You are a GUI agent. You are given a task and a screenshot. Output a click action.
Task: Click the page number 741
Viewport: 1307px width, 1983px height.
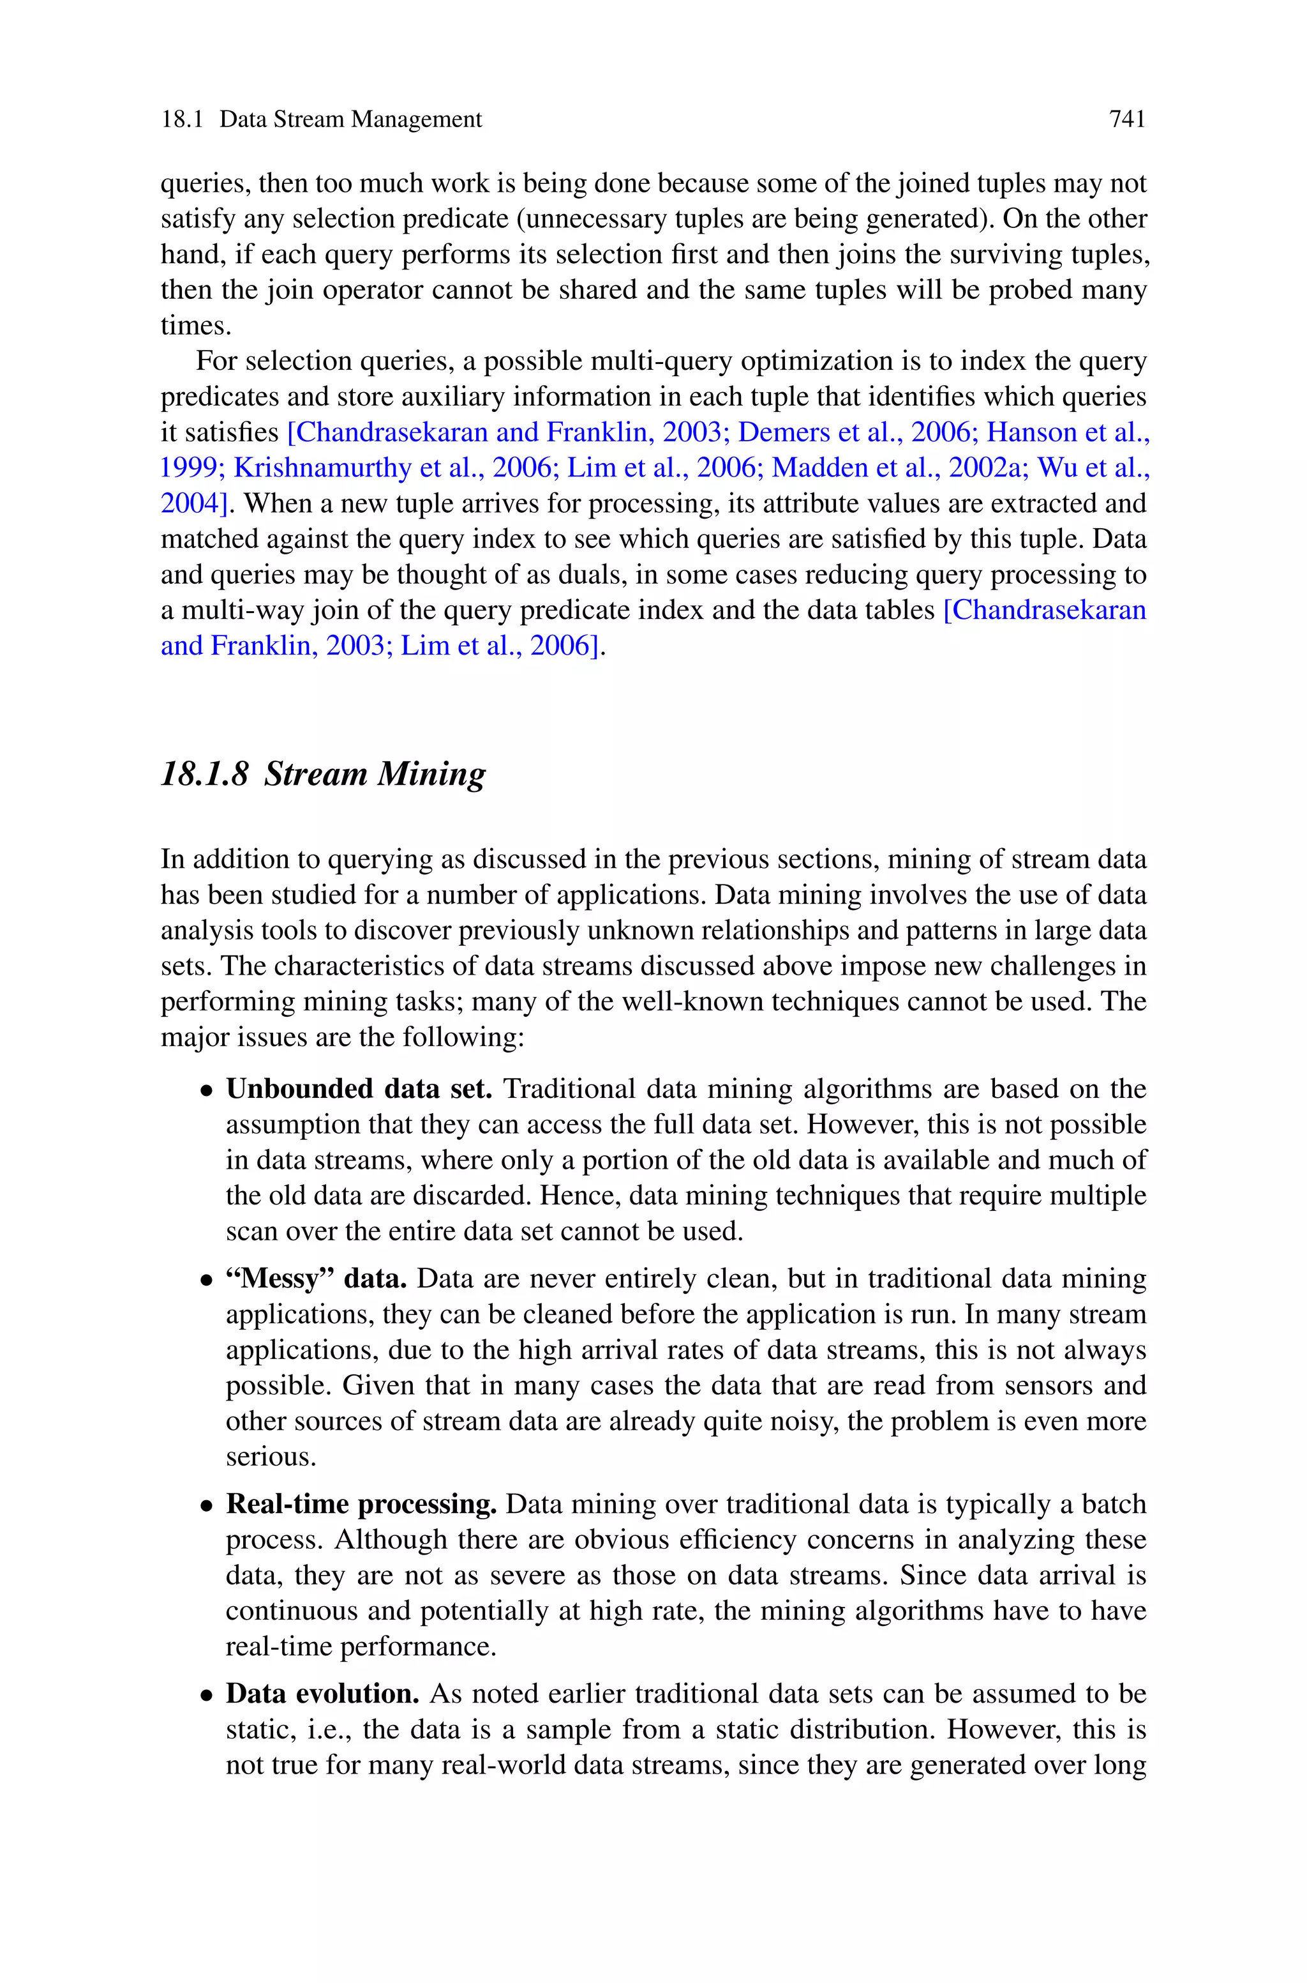(x=1127, y=120)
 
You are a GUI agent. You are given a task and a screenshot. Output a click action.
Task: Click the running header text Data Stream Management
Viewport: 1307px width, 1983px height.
(x=350, y=120)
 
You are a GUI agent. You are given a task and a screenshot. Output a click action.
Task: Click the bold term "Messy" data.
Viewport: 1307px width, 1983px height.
(x=316, y=1279)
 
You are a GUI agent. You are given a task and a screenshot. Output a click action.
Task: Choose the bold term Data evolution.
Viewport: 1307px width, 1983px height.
(x=322, y=1694)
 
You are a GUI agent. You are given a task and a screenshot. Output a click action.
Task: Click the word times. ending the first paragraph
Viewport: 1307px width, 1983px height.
(x=196, y=325)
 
